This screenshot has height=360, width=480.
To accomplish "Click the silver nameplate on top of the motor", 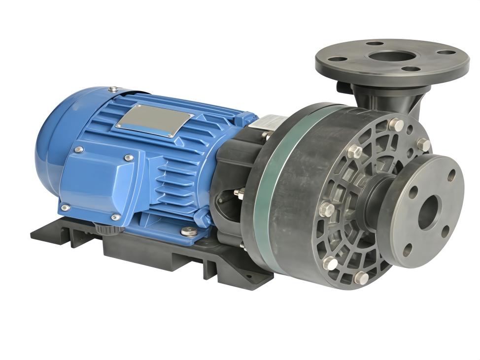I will coord(154,120).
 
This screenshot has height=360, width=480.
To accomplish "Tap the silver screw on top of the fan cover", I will coord(113,89).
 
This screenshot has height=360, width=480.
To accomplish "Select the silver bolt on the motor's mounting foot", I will coord(187,230).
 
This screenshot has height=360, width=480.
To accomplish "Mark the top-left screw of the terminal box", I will coord(77,150).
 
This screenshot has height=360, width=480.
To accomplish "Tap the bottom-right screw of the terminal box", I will coord(115,217).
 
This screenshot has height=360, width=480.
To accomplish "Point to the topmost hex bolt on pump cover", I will coord(395,124).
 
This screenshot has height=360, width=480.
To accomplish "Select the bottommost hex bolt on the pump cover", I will coord(361,278).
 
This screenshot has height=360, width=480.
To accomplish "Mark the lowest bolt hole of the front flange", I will coord(407,250).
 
